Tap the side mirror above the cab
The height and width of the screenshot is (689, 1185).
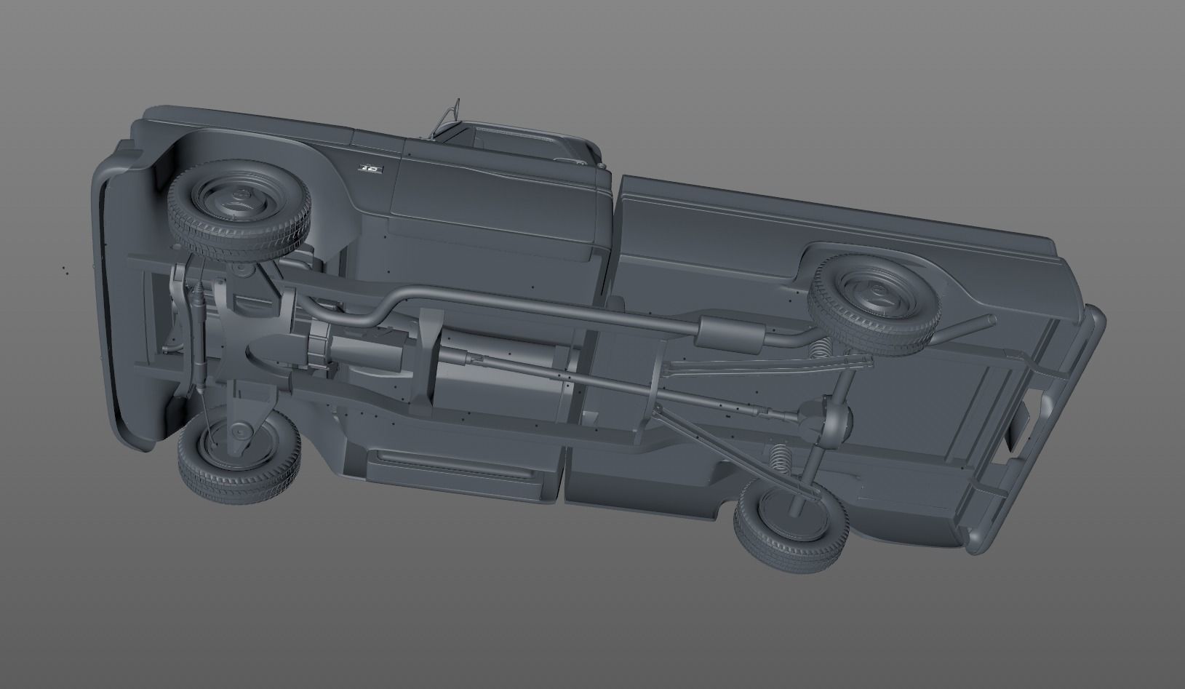tap(447, 116)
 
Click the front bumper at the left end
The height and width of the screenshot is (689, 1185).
tap(102, 291)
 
